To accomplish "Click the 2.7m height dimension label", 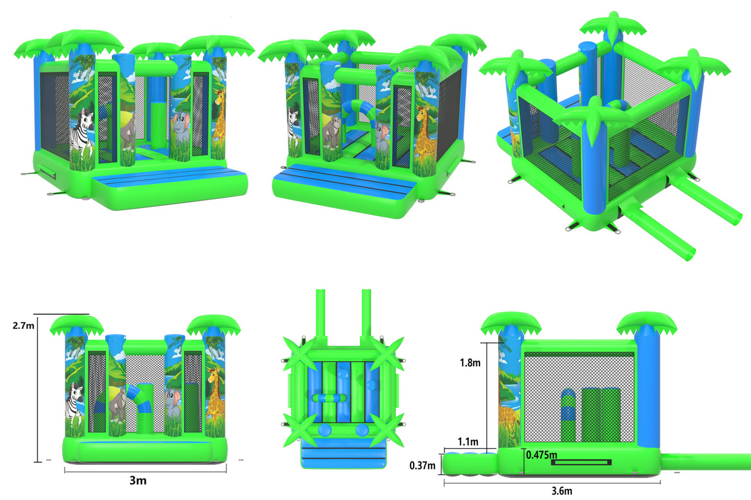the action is point(23,325).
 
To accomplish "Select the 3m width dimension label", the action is point(138,481).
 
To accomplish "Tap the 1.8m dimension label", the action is point(470,362).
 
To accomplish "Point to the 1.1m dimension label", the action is point(468,442).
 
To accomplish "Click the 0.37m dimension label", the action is point(422,466).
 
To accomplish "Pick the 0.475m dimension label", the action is point(541,455).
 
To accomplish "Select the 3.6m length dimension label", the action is point(562,491).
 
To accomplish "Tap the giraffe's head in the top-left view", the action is point(220,96).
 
